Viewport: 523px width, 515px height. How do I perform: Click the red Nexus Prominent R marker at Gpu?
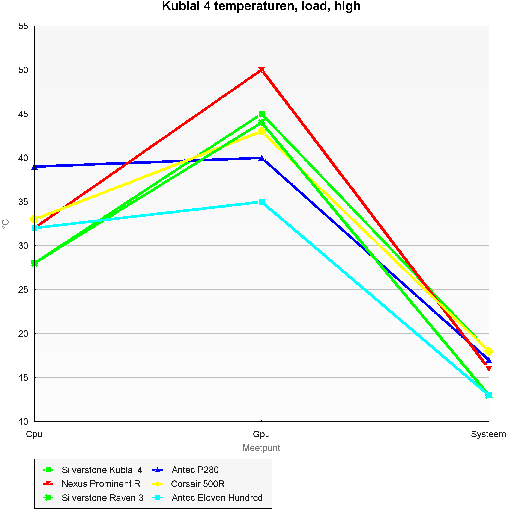261,70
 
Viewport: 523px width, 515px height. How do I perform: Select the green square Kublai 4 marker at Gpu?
261,114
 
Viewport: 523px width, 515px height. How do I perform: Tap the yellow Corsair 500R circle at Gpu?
261,132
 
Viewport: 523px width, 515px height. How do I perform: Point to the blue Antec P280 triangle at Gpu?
261,158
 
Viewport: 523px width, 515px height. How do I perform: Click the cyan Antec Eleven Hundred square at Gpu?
261,202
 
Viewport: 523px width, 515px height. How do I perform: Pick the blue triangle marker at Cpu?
34,167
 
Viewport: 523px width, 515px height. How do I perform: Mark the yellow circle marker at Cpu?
34,219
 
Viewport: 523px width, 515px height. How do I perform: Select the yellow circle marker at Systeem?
488,351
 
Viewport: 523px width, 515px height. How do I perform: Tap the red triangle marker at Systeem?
488,368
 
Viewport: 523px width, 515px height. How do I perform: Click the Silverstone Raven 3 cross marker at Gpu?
261,123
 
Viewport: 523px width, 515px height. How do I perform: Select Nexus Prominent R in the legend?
101,484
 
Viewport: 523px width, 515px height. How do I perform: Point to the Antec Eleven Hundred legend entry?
217,498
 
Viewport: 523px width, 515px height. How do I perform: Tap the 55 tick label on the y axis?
23,26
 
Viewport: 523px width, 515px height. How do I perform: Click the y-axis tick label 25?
23,290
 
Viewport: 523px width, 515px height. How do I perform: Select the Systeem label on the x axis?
488,434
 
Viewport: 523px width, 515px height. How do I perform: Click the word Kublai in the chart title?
181,6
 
